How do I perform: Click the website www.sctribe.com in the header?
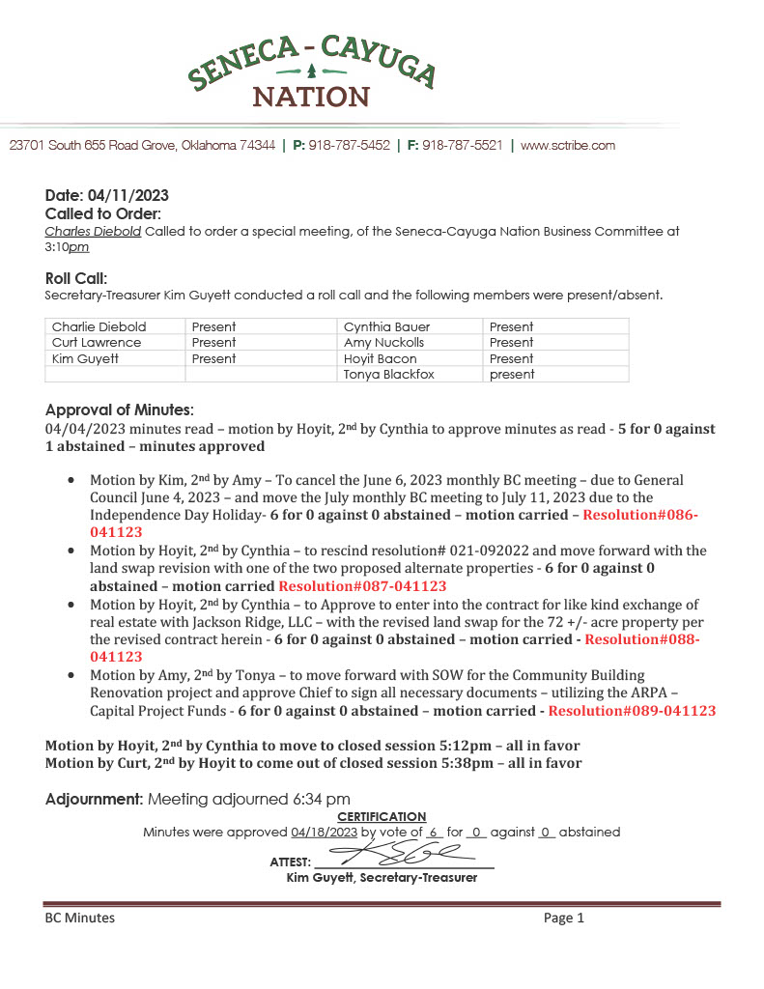pyautogui.click(x=568, y=146)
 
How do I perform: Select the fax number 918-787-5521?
pyautogui.click(x=462, y=146)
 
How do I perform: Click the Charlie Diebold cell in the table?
pyautogui.click(x=99, y=326)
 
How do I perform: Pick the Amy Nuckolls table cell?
pyautogui.click(x=383, y=342)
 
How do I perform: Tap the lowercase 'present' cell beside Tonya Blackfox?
pyautogui.click(x=512, y=374)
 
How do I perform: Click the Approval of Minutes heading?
pyautogui.click(x=120, y=410)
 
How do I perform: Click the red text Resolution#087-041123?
pyautogui.click(x=362, y=585)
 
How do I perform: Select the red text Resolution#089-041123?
pyautogui.click(x=632, y=710)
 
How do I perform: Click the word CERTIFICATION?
pyautogui.click(x=382, y=817)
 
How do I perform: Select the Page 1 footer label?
pyautogui.click(x=564, y=918)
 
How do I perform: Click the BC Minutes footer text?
pyautogui.click(x=79, y=918)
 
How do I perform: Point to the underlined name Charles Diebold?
pyautogui.click(x=93, y=232)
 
